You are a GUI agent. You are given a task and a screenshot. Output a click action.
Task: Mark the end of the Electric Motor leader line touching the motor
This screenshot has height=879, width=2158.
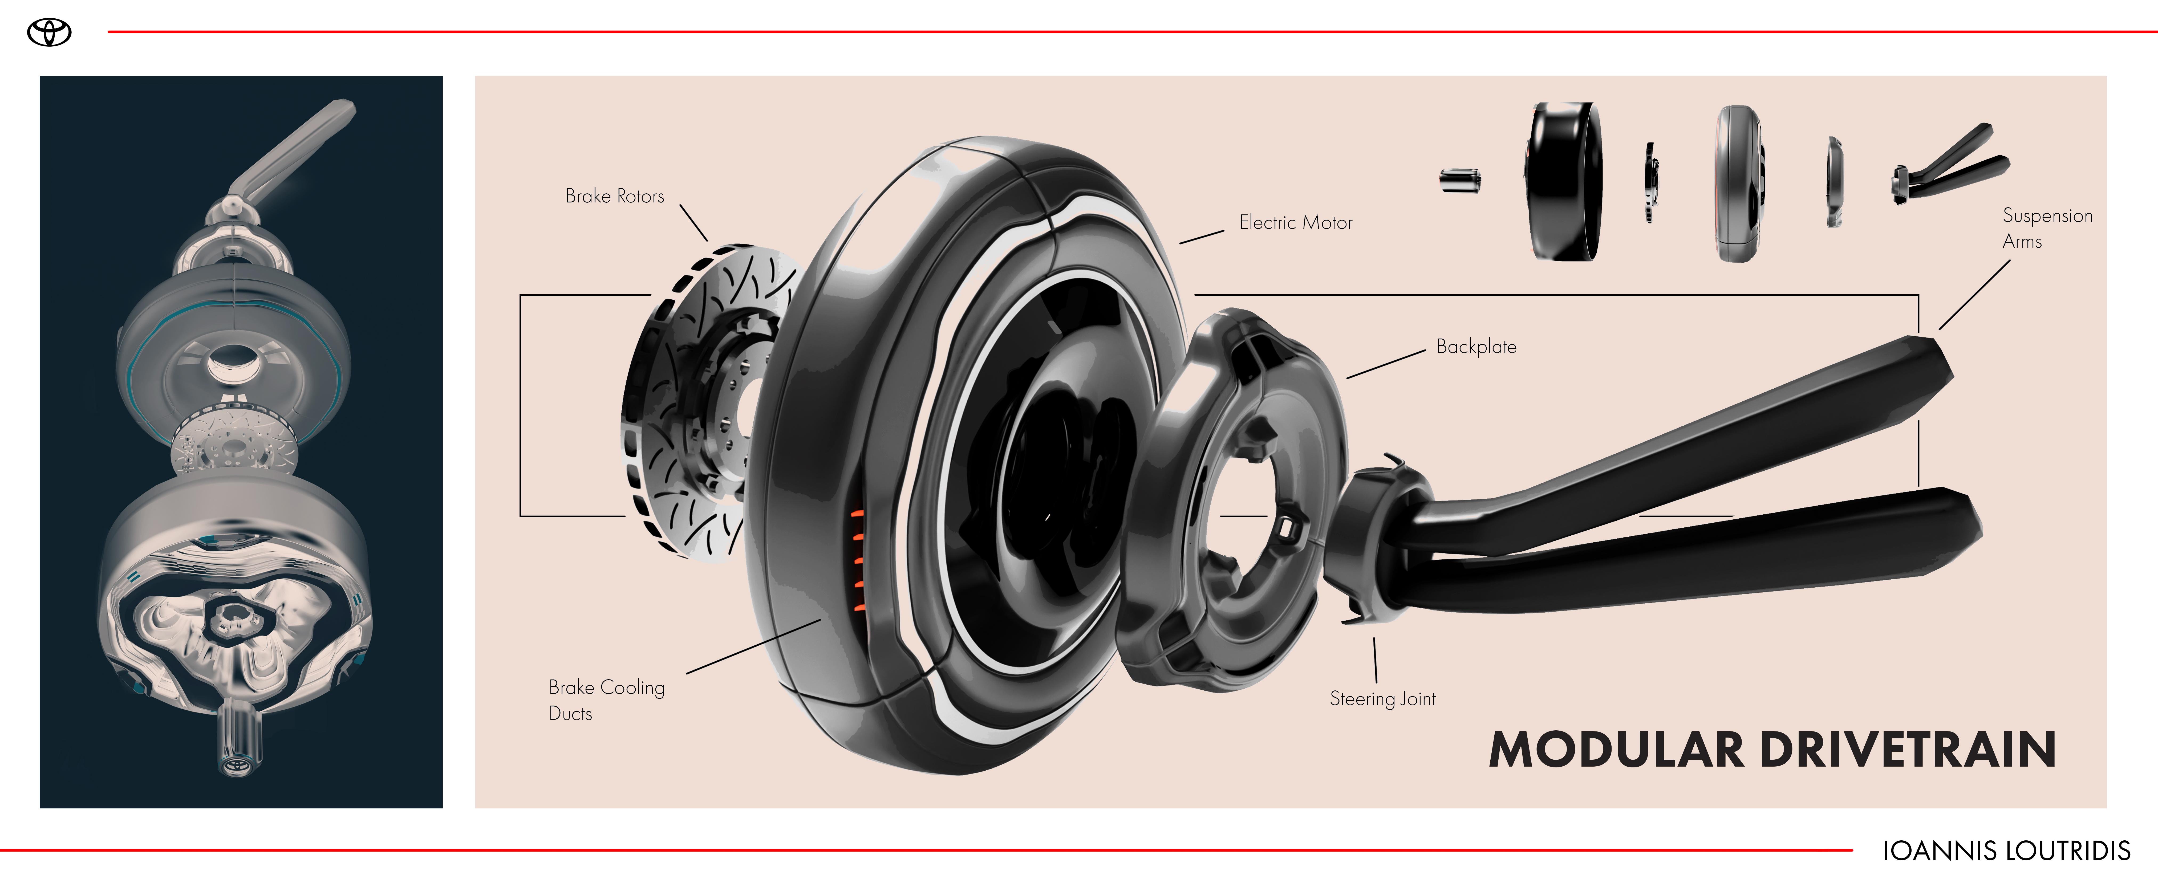point(1180,243)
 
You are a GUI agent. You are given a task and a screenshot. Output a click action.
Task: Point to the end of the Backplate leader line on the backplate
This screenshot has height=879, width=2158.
point(1347,378)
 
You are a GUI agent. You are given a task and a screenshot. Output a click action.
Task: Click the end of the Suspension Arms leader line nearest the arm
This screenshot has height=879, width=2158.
point(1939,329)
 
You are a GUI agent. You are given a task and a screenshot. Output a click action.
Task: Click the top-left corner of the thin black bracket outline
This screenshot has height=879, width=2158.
point(520,295)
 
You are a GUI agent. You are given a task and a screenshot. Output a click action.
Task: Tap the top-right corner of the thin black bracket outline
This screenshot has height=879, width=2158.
point(1918,295)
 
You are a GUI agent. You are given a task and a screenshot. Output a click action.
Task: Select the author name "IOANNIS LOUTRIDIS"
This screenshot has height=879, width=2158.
point(2006,850)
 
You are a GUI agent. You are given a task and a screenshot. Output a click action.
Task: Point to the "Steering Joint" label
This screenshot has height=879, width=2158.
point(1382,699)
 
